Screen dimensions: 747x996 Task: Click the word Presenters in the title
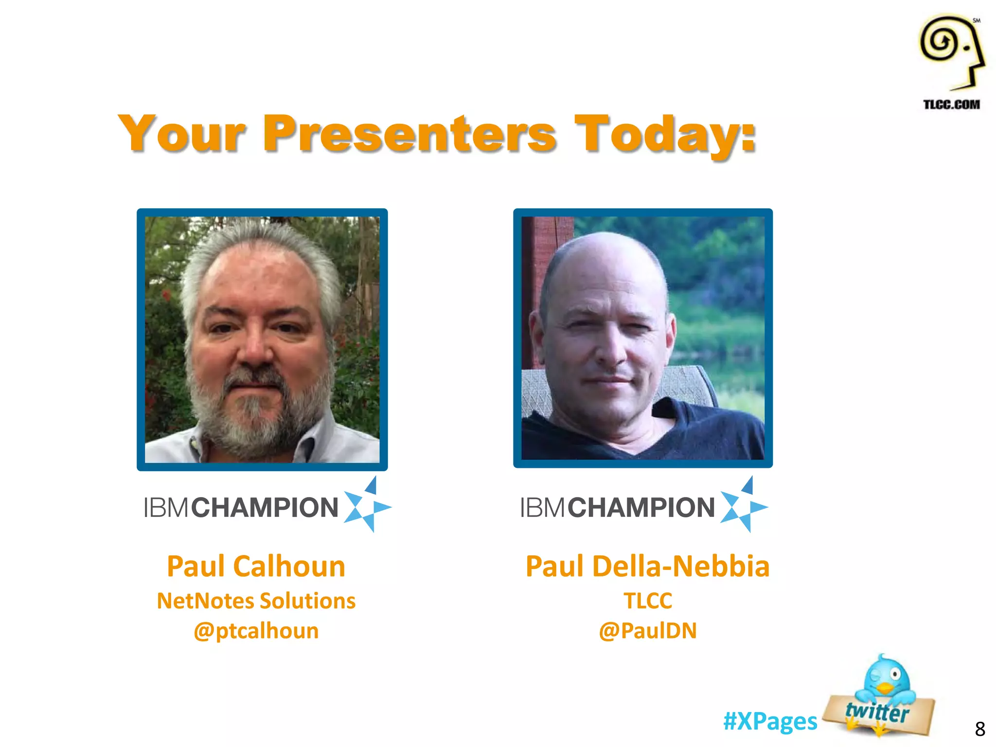tap(409, 133)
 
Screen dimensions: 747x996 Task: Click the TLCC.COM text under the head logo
tap(951, 105)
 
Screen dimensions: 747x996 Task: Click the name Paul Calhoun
tap(256, 567)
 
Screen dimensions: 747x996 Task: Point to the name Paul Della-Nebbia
tap(647, 567)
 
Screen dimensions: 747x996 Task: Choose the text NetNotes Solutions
tap(256, 601)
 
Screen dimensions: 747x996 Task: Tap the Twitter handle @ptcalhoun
tap(256, 631)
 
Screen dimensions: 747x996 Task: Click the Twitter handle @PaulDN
tap(647, 631)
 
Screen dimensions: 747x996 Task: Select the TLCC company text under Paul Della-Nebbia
tap(647, 601)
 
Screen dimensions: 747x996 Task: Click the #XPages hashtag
tap(770, 721)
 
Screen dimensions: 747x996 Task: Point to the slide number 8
tap(979, 729)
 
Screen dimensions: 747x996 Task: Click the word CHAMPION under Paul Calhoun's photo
tap(265, 508)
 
